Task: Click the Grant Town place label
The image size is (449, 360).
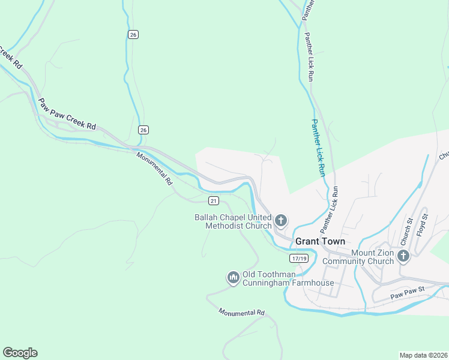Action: [x=319, y=241]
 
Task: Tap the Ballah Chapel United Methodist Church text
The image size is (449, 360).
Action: [x=233, y=221]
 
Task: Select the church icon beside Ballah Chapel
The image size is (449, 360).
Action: [x=280, y=221]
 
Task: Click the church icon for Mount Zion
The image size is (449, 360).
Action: [x=403, y=257]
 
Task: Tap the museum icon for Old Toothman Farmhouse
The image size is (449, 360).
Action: [x=233, y=278]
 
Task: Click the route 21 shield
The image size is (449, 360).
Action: [x=214, y=200]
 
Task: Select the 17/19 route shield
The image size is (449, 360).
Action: [x=298, y=258]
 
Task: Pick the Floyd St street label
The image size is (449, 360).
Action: [x=424, y=222]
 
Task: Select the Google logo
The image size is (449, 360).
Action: [x=20, y=353]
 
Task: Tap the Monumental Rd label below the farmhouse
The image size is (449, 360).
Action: [x=241, y=313]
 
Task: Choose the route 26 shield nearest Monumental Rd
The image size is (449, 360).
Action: [x=143, y=130]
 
